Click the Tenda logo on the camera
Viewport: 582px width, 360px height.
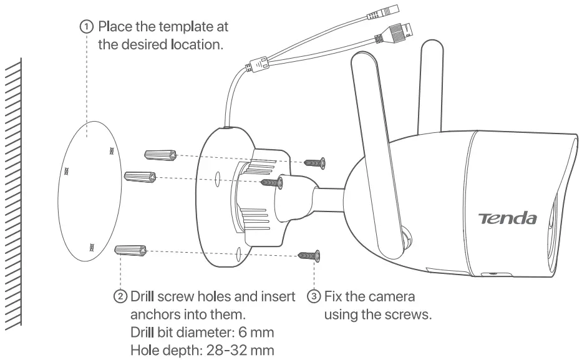[507, 217]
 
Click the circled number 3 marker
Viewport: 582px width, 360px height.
[314, 296]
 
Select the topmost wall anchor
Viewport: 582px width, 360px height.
[158, 155]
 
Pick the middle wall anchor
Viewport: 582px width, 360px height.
[140, 177]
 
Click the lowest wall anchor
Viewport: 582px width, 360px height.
[130, 251]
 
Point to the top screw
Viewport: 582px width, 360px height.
[316, 163]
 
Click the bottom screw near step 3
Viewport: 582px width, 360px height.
[309, 255]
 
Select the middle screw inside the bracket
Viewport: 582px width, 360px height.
[273, 183]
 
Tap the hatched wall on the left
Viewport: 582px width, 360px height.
[14, 187]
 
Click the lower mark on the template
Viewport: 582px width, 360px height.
[92, 247]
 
